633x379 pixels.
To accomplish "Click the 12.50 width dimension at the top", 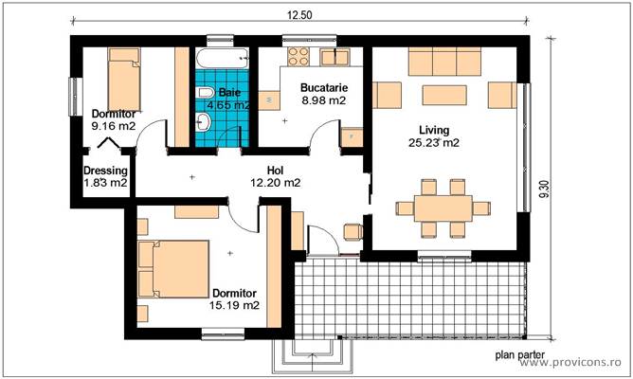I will [300, 14].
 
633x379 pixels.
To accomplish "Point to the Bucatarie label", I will [323, 88].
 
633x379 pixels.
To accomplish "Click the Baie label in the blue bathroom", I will [229, 93].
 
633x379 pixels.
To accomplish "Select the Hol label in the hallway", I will [275, 171].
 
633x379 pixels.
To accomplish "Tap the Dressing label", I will [104, 171].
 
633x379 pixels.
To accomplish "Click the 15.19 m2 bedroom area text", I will [235, 305].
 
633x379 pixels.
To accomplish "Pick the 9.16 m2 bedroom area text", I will [114, 124].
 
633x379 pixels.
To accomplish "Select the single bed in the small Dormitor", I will [124, 80].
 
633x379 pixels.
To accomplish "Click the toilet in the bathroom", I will [205, 93].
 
